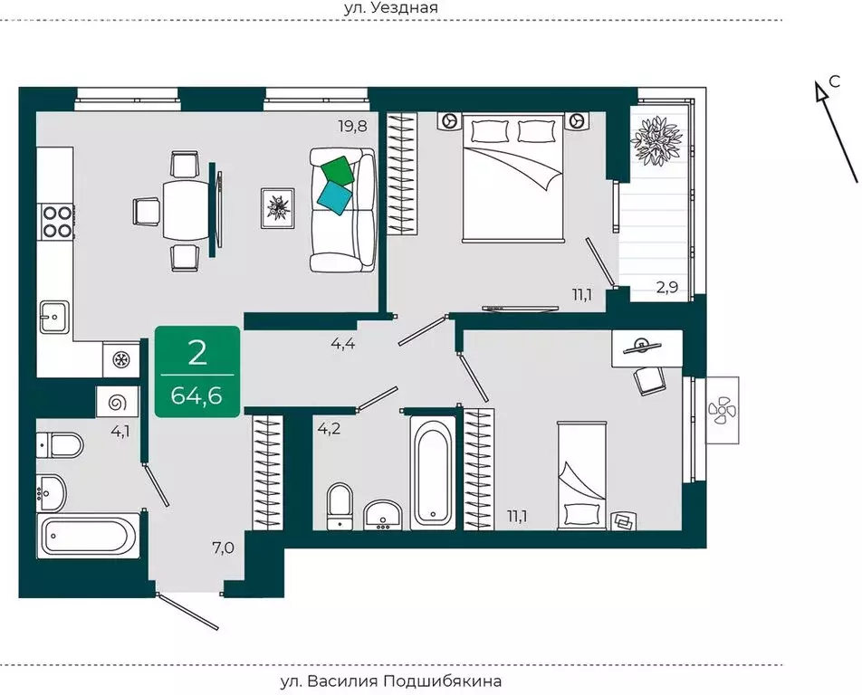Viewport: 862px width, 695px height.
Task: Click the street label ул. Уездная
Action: point(391,7)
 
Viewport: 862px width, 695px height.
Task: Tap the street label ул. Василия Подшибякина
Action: point(391,681)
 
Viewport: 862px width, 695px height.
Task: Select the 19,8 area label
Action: point(352,127)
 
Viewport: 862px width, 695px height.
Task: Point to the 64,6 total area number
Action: point(196,395)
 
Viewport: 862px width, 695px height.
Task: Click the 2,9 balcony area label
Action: point(667,288)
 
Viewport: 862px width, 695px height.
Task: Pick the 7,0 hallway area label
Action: point(223,547)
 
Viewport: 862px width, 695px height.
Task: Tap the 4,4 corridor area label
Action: point(343,345)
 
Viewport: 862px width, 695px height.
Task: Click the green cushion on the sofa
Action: point(338,171)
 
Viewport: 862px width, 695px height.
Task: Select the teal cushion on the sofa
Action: point(335,198)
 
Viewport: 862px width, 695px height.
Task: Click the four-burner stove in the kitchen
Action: point(57,221)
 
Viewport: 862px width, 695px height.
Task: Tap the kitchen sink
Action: point(54,317)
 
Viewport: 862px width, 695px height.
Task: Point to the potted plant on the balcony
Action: point(656,140)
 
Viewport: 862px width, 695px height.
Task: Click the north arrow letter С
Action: point(834,81)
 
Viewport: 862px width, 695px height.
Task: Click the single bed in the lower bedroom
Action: point(582,476)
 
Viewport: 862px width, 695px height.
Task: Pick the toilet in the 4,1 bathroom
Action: point(60,444)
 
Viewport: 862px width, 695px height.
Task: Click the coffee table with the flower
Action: point(278,208)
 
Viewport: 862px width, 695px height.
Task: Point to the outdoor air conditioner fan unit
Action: point(722,411)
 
